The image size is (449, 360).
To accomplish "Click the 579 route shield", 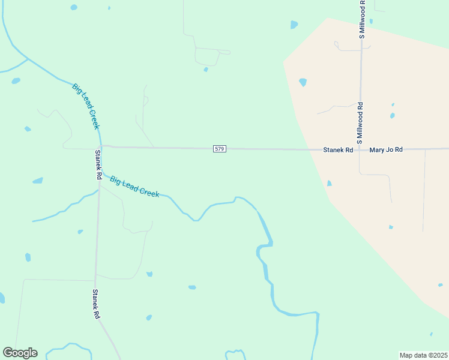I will tap(220, 148).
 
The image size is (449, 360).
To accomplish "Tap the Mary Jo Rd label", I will tap(386, 149).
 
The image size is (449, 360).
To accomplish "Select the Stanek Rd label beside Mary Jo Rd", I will tap(338, 149).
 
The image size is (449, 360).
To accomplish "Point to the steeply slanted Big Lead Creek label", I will tap(85, 106).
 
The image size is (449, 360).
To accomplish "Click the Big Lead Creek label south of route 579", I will tap(134, 186).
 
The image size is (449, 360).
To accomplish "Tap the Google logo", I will tap(20, 352).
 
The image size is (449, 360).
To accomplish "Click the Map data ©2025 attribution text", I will tap(423, 355).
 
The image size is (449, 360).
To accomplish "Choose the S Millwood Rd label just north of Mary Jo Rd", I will tap(360, 121).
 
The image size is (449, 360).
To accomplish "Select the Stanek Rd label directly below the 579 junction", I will tap(98, 165).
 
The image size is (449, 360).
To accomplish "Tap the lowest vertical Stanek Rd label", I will tap(95, 304).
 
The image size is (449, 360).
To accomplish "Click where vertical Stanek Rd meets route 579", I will tap(100, 146).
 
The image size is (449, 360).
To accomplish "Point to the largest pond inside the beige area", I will tap(303, 82).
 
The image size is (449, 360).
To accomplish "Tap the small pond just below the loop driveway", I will tap(206, 70).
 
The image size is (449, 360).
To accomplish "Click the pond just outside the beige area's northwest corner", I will tap(294, 25).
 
